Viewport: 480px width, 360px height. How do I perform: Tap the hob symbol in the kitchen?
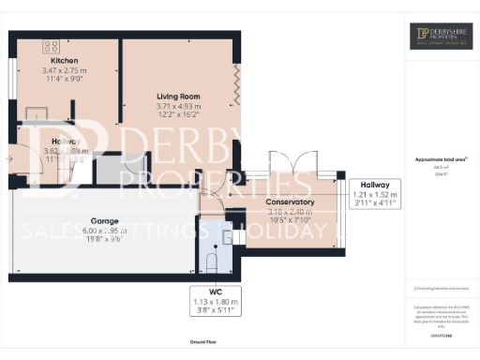(50, 44)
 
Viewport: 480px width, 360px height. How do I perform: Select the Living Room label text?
(178, 97)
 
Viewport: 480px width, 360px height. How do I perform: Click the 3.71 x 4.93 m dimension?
(178, 107)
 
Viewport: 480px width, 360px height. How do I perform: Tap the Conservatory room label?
(289, 202)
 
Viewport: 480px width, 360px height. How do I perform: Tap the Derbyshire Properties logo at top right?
(442, 37)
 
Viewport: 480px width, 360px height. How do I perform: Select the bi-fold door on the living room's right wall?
(238, 84)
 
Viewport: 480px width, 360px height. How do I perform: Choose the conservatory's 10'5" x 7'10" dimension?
(289, 222)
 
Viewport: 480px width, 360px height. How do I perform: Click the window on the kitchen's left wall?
(12, 76)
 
